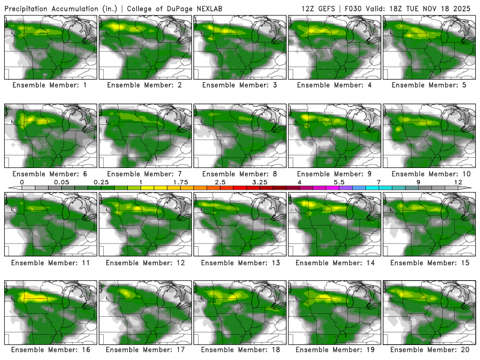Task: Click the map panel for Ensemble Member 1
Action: (51, 47)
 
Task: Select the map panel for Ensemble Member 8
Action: (240, 136)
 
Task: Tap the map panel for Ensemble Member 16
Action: (51, 312)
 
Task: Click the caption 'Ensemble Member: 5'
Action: (429, 85)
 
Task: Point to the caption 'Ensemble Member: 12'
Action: (145, 262)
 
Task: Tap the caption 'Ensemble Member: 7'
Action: (145, 173)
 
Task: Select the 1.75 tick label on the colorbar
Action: (181, 182)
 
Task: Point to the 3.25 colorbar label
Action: (260, 182)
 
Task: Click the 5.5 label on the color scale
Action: (339, 182)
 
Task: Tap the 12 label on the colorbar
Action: (458, 182)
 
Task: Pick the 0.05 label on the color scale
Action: (61, 182)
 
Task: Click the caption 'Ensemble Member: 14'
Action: (335, 262)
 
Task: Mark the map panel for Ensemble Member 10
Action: (429, 136)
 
